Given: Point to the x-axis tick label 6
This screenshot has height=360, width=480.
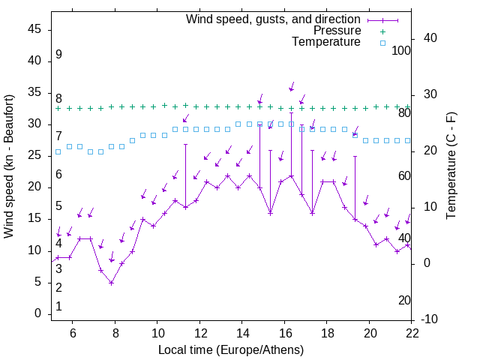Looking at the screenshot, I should (x=73, y=334).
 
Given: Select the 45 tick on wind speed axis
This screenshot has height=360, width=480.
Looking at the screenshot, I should (x=34, y=29).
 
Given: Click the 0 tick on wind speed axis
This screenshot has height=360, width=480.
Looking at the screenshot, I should (x=37, y=313).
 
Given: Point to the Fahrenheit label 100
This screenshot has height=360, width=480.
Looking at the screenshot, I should (x=402, y=50).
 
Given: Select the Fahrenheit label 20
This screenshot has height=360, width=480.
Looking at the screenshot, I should (x=405, y=300).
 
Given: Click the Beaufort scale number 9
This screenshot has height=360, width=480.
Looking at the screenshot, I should (x=58, y=55).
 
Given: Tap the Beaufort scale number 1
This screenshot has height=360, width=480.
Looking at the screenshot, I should (x=58, y=306).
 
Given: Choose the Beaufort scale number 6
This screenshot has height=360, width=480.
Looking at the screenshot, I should (x=58, y=174).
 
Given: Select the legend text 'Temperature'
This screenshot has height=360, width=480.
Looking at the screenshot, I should (x=326, y=42).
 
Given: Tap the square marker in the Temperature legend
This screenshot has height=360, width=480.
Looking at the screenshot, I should (x=382, y=43).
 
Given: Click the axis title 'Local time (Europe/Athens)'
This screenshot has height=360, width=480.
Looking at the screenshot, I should (x=231, y=349).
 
